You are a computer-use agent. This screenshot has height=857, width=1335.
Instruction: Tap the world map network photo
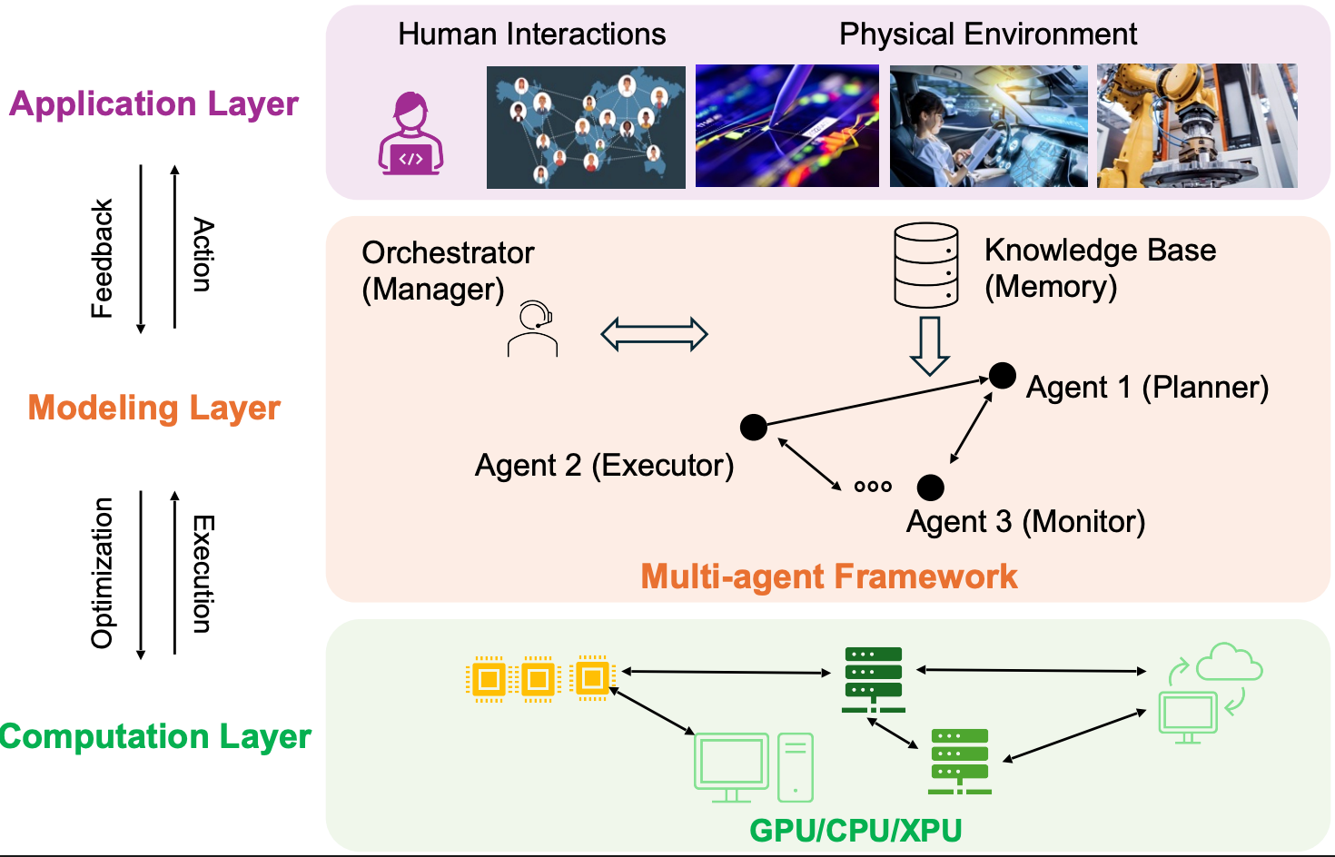[586, 127]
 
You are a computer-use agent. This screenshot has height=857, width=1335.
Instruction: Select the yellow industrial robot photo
[1197, 125]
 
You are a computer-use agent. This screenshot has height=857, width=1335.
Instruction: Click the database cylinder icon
[926, 265]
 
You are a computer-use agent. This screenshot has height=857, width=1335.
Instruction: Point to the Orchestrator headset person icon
[533, 329]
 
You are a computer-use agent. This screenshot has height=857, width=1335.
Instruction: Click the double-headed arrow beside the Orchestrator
[654, 334]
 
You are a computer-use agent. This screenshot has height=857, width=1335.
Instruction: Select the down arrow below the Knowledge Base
[929, 346]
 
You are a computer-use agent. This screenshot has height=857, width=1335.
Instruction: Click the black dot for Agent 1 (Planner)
[1002, 375]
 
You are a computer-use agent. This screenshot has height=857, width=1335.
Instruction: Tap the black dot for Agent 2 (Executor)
[754, 427]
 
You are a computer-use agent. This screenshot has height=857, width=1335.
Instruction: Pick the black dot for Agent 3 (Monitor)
[930, 488]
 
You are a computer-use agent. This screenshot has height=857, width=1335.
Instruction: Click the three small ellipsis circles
[873, 487]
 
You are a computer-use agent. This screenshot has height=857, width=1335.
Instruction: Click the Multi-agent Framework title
[828, 576]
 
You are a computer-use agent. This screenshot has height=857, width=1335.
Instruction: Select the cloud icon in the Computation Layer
[1229, 662]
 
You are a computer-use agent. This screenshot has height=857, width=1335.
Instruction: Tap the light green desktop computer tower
[796, 768]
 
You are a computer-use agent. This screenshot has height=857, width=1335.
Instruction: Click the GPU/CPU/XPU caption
[855, 830]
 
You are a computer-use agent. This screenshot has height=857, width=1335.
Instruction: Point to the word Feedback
[103, 259]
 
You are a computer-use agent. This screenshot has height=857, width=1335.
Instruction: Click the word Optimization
[103, 573]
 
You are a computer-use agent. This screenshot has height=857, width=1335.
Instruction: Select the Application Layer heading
[153, 104]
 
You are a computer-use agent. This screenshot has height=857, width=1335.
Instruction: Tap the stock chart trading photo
[786, 126]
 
